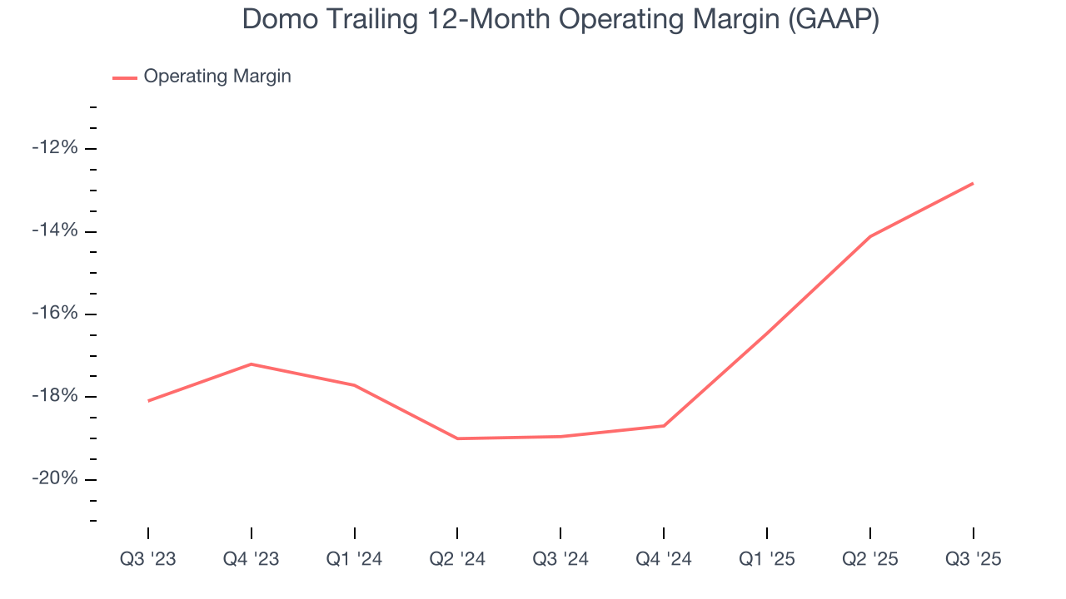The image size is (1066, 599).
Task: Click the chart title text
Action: [x=560, y=20]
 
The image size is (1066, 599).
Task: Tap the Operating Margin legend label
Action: [x=217, y=77]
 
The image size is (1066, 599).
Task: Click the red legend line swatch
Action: [x=125, y=77]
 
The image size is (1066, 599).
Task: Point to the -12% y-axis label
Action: [x=55, y=148]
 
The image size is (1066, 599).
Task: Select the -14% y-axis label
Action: [x=55, y=230]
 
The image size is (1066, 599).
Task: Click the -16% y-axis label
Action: [x=55, y=314]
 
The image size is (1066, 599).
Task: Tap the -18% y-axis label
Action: [x=55, y=396]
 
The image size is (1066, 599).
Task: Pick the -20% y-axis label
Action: [x=55, y=479]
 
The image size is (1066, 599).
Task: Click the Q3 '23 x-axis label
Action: [x=148, y=559]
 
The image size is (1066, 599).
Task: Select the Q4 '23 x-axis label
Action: [x=252, y=559]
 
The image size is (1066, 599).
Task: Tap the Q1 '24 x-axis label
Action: [x=355, y=559]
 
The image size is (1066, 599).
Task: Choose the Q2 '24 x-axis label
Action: [x=457, y=559]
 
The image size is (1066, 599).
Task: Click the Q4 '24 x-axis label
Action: [x=664, y=559]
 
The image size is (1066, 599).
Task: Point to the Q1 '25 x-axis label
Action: [x=767, y=559]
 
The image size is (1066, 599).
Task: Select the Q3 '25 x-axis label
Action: [x=973, y=559]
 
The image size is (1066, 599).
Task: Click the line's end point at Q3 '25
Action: [x=973, y=183]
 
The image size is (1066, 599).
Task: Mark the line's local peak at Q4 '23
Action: [x=252, y=364]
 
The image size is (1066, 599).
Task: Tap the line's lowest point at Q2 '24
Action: [x=457, y=438]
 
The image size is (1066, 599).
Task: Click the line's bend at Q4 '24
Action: [x=664, y=426]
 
